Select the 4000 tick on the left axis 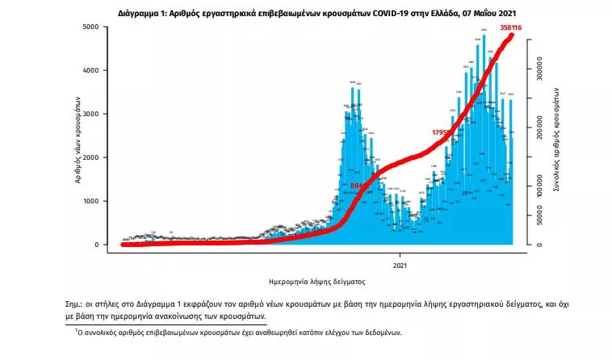coord(91,70)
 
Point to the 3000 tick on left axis coord(91,114)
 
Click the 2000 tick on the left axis coord(91,157)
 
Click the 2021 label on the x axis coord(400,264)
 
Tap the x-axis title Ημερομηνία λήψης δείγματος coord(317,283)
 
